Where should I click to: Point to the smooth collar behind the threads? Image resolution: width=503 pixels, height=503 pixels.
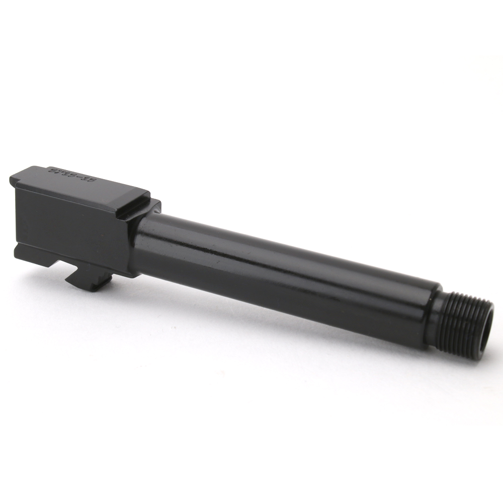pyautogui.click(x=434, y=314)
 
